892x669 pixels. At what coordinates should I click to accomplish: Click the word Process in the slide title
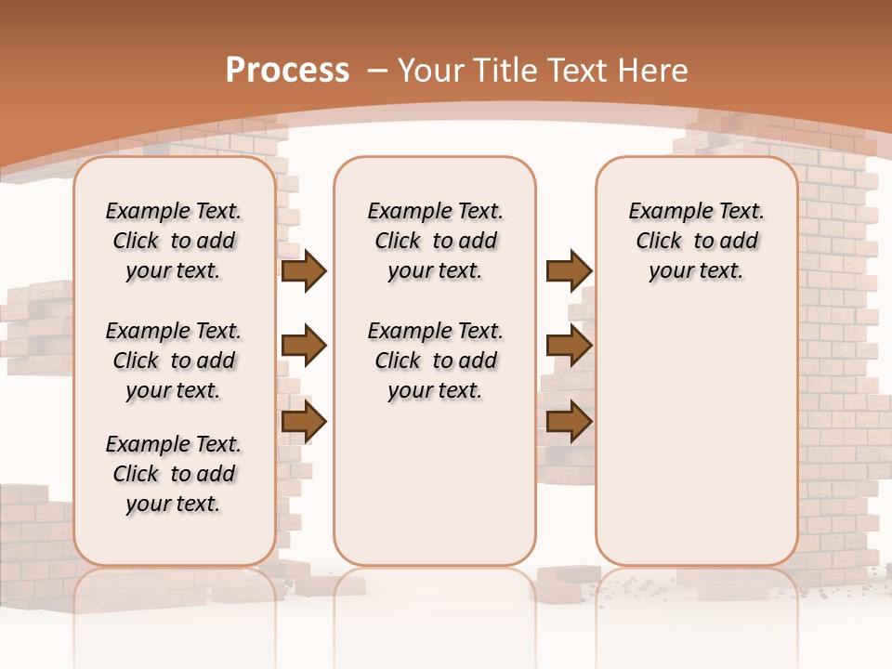[x=287, y=71]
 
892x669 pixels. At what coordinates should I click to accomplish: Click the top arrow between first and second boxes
[x=304, y=271]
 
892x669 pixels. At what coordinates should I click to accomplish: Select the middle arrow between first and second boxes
[x=304, y=347]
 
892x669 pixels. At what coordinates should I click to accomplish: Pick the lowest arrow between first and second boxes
[x=304, y=422]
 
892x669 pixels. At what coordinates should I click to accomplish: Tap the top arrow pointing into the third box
[x=569, y=271]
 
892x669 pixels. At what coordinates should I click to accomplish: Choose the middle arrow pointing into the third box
[x=569, y=347]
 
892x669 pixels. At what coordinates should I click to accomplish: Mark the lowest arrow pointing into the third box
[x=569, y=422]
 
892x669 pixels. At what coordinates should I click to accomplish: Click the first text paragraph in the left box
[x=174, y=241]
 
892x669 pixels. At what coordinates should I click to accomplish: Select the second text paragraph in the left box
[x=174, y=361]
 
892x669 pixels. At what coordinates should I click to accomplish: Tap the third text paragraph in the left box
[x=174, y=474]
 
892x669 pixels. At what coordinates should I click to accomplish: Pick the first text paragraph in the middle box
[x=435, y=241]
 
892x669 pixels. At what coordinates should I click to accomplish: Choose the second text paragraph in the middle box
[x=435, y=361]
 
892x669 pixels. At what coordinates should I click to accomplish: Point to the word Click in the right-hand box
[x=659, y=242]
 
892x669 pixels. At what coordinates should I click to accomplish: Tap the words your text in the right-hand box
[x=696, y=271]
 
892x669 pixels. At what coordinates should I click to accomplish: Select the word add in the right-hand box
[x=741, y=242]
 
